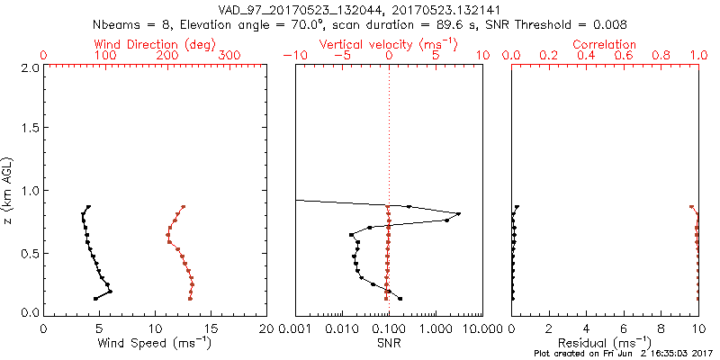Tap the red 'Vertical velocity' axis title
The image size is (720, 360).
389,44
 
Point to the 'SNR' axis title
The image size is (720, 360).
389,342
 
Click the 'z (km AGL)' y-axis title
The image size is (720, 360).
9,190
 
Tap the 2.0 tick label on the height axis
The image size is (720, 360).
29,67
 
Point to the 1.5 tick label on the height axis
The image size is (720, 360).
29,129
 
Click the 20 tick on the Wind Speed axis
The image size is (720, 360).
266,328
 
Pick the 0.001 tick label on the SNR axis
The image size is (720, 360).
296,328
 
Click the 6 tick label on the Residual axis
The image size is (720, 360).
624,328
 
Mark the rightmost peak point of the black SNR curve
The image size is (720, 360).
459,214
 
